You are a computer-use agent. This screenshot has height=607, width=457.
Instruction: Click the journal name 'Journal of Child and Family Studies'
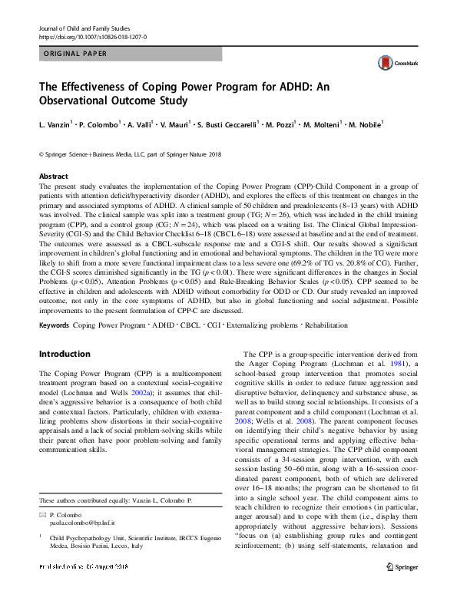coord(85,27)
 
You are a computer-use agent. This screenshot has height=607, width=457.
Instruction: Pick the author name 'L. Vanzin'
coord(55,124)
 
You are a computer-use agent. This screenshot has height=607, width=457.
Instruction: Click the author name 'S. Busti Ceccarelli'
coord(233,124)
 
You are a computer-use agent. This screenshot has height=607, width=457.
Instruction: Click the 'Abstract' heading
coord(53,176)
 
